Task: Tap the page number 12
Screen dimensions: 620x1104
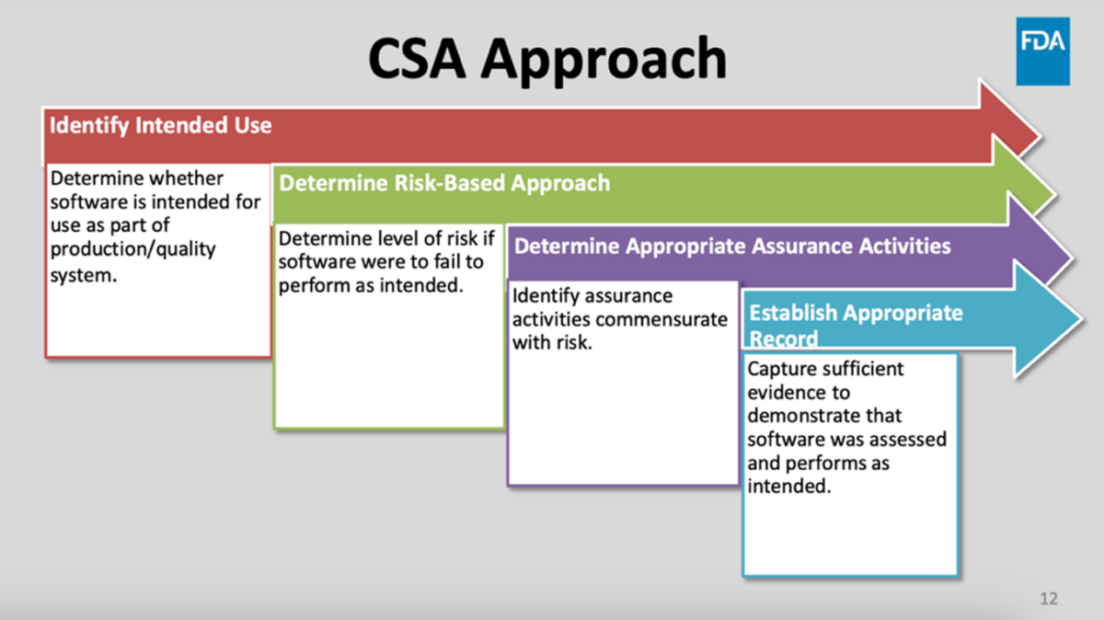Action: click(x=1049, y=599)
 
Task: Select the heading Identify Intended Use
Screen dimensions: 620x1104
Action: click(x=160, y=124)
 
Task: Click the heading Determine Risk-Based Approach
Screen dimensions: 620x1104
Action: click(x=444, y=183)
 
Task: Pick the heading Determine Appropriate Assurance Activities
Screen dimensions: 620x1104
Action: click(x=732, y=247)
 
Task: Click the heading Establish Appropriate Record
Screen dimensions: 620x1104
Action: click(x=856, y=325)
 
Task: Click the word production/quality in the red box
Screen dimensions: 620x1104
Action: click(x=132, y=250)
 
